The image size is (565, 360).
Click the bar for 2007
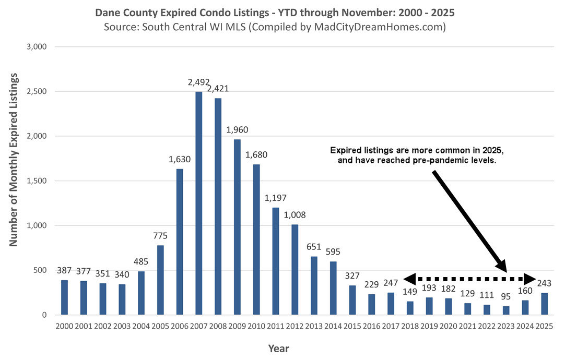point(199,203)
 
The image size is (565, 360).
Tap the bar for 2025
point(545,304)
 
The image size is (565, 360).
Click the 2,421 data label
point(218,89)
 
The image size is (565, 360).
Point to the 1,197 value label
point(276,198)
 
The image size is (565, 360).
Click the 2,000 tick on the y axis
point(37,136)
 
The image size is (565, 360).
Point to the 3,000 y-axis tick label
point(37,47)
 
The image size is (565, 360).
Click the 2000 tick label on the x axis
point(64,327)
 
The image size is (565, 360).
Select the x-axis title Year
point(279,348)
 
